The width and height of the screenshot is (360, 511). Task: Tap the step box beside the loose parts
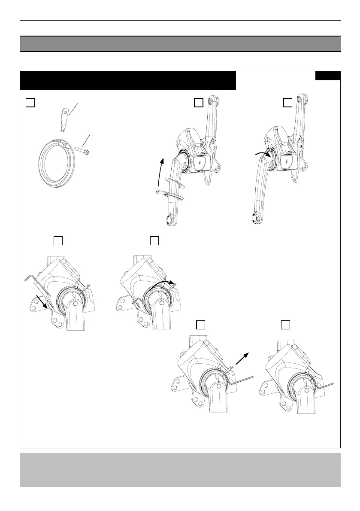[x=30, y=102]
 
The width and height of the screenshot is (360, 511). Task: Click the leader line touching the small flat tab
[x=74, y=108]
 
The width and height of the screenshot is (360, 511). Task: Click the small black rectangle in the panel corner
[x=328, y=76]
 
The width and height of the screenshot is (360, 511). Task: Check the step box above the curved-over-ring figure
[x=154, y=240]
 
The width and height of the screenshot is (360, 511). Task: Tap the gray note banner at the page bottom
[x=180, y=470]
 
